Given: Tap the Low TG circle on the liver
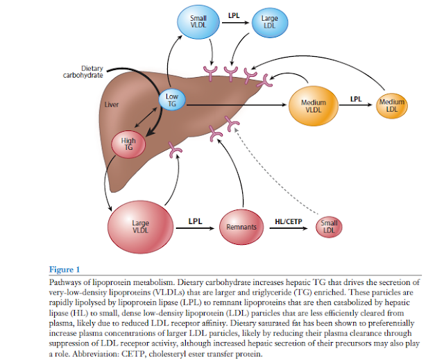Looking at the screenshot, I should pos(172,101).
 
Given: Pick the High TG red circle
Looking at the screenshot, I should pos(128,145).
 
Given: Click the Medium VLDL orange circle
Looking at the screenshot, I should pos(314,106).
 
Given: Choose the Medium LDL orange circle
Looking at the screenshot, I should pos(391,107).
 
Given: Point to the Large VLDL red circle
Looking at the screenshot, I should pos(140,227).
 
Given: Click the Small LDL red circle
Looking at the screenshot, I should pos(329,227).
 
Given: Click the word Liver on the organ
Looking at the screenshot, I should pos(111,105).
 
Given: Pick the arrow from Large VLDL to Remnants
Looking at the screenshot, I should pos(196,228).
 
